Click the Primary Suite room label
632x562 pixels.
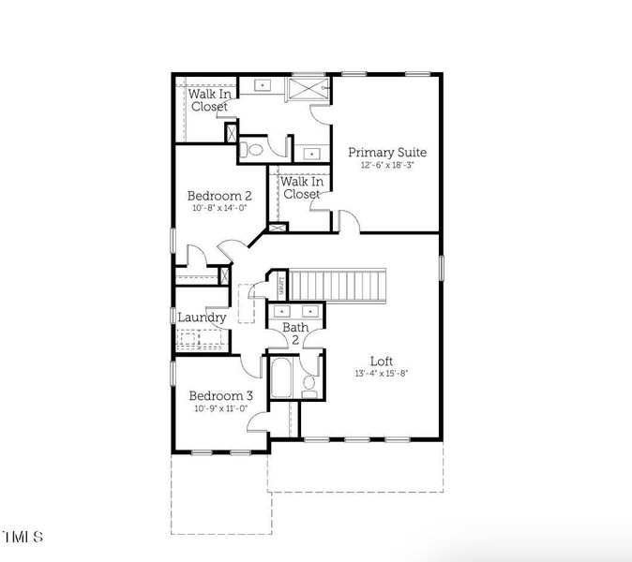click(387, 152)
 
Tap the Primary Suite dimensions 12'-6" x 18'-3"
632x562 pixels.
click(387, 165)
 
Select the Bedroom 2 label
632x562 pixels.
click(219, 196)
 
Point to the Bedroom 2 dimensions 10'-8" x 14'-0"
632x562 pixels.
click(219, 209)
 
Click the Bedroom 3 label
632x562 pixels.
click(220, 395)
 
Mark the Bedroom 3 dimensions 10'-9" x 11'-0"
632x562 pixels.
click(220, 408)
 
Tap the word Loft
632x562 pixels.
click(381, 360)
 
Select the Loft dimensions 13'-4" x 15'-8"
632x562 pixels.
click(381, 373)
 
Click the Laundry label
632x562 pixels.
click(202, 318)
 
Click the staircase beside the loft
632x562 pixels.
click(337, 284)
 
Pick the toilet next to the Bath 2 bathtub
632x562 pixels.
click(310, 381)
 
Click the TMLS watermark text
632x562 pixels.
click(23, 538)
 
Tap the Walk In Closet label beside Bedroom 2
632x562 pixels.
click(302, 187)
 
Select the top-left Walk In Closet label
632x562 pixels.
click(209, 100)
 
